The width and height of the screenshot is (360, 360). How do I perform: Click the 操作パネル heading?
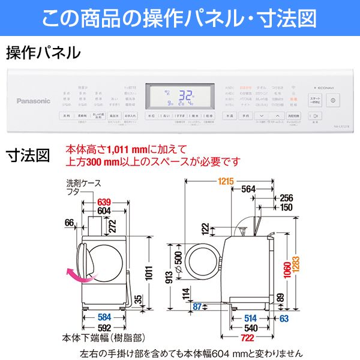[x=43, y=53]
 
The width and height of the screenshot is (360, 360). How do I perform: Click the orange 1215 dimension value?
[x=226, y=181]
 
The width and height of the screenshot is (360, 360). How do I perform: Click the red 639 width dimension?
[x=103, y=201]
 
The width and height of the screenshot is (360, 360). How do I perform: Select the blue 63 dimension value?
[x=283, y=318]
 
